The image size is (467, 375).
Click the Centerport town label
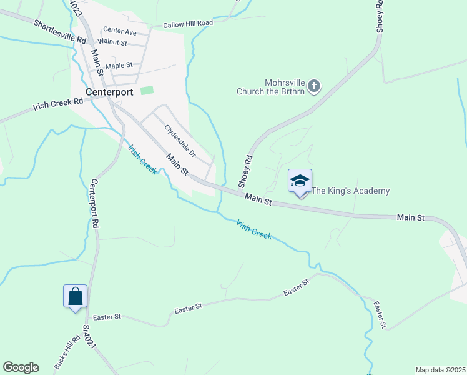tap(109, 92)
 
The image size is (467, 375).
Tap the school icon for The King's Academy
tap(300, 181)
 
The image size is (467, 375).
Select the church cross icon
tap(314, 85)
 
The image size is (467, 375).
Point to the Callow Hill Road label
tap(188, 24)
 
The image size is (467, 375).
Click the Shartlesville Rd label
tap(60, 31)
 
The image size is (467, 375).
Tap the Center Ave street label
tap(120, 31)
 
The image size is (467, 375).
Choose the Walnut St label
tap(113, 43)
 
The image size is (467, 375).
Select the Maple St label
tap(119, 65)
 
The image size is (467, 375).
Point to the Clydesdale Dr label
tap(180, 141)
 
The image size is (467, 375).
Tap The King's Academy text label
tap(350, 191)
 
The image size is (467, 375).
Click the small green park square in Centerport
tap(147, 91)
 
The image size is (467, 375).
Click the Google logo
tap(21, 367)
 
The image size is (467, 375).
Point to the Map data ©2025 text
tap(440, 370)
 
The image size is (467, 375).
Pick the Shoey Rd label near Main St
tap(244, 171)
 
